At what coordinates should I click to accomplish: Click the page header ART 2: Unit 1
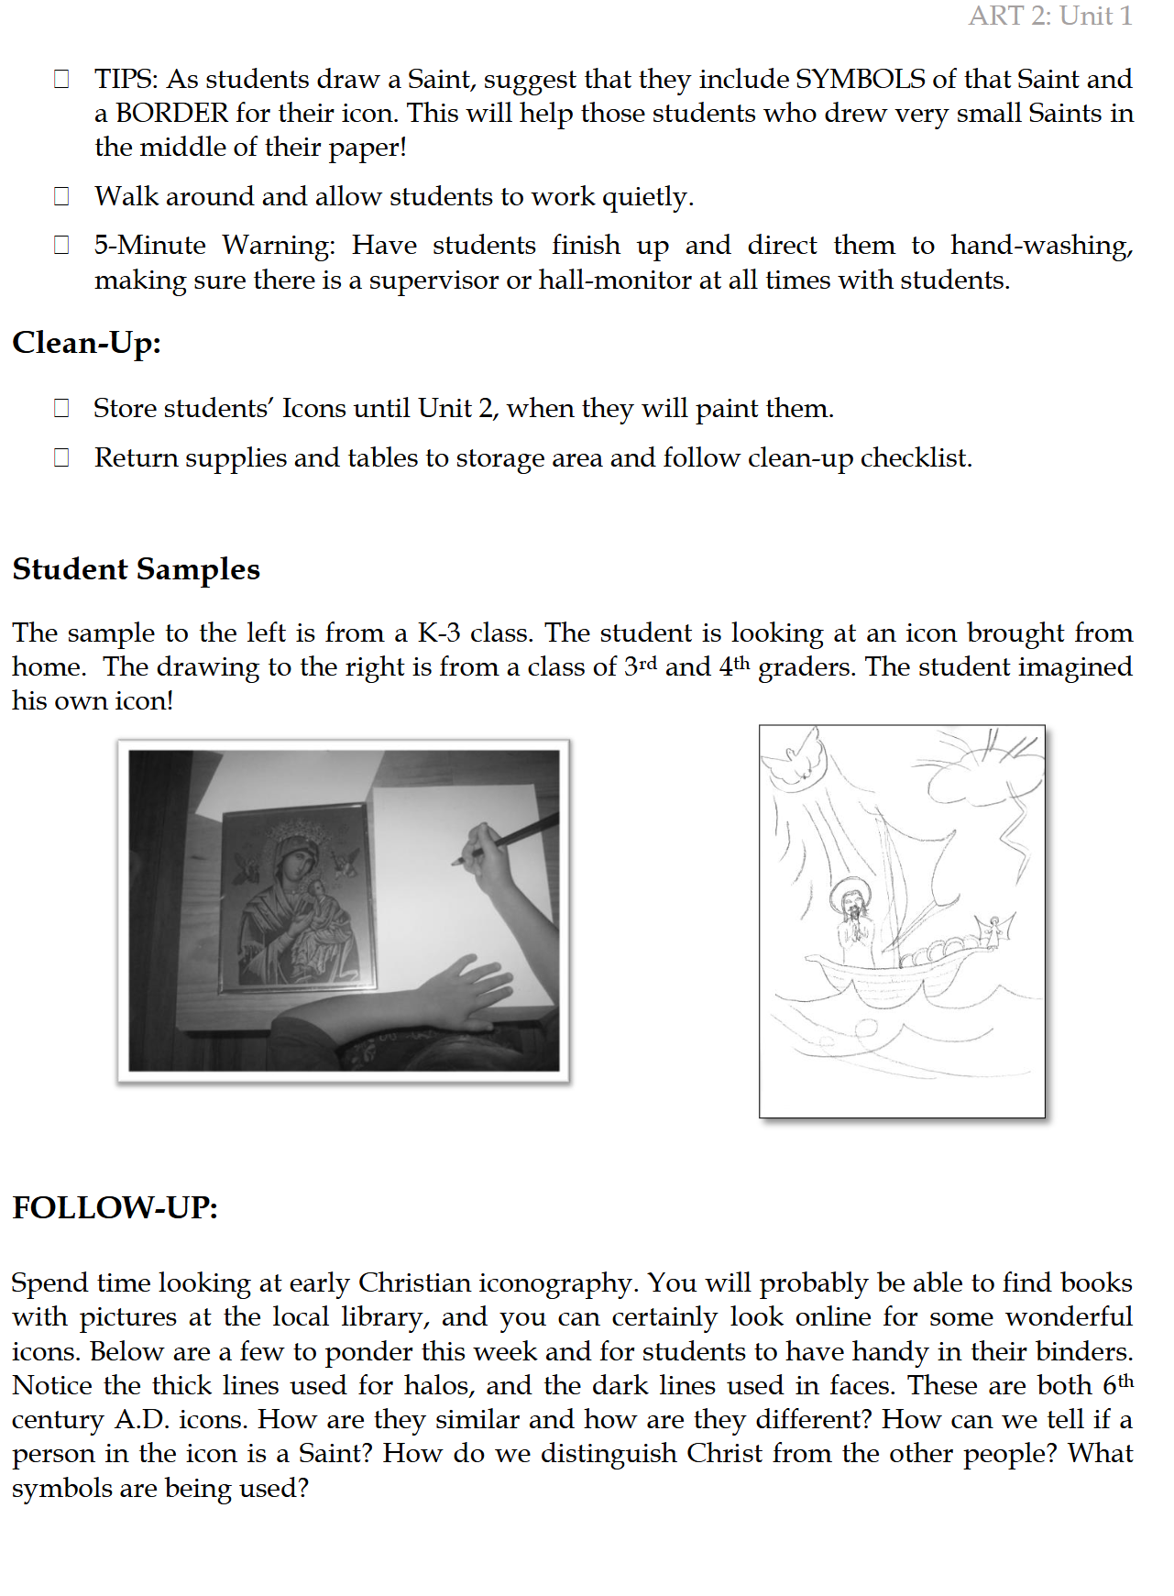pos(1050,16)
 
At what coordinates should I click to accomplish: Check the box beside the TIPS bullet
pos(61,79)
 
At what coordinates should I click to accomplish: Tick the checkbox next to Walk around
pos(61,196)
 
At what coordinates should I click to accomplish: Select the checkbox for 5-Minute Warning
pos(61,245)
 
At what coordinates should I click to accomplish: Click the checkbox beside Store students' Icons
pos(61,408)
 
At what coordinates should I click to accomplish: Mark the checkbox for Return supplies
pos(61,457)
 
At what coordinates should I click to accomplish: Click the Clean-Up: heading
pos(87,343)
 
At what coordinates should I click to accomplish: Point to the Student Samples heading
pos(137,569)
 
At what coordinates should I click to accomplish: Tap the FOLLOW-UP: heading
pos(115,1208)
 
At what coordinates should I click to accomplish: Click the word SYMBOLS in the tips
pos(860,79)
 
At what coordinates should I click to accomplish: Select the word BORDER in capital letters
pos(171,113)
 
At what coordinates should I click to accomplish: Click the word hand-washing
pos(1041,245)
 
